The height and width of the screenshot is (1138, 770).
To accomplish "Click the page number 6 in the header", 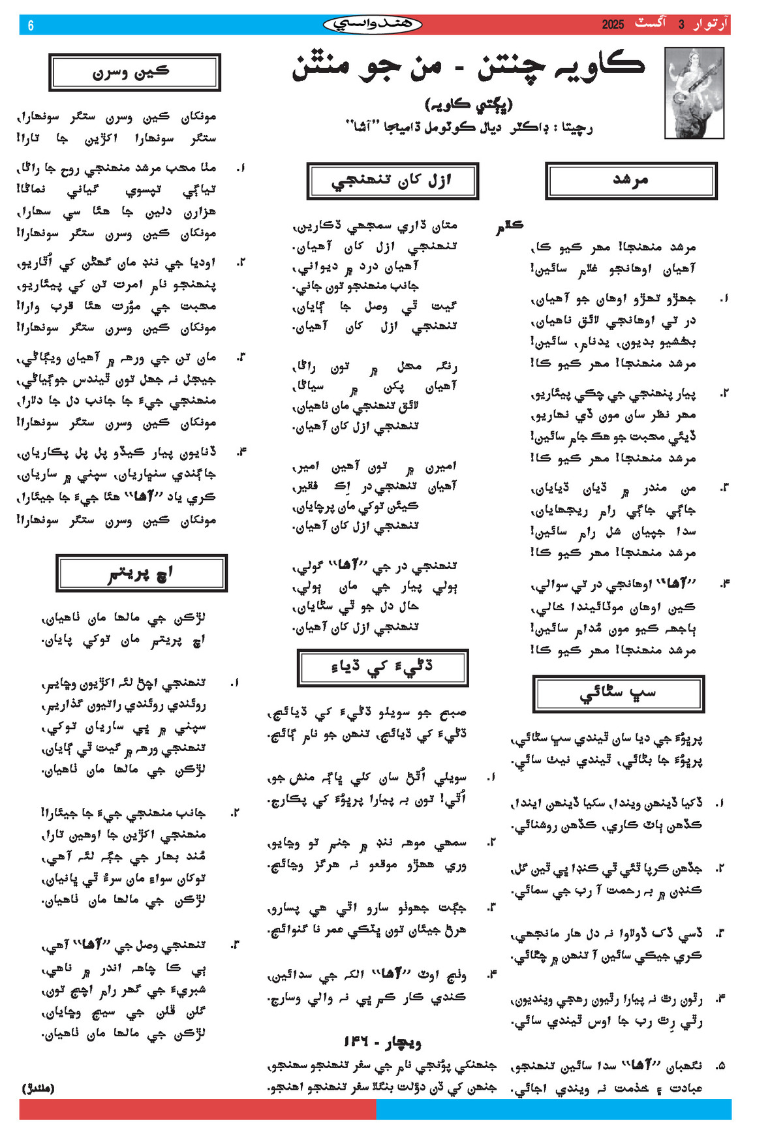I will pyautogui.click(x=31, y=25).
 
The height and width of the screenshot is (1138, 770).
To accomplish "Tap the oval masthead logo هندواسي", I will pyautogui.click(x=373, y=25).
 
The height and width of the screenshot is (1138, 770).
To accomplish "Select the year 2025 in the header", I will pyautogui.click(x=613, y=25).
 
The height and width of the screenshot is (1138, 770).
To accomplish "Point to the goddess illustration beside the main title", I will pyautogui.click(x=694, y=93).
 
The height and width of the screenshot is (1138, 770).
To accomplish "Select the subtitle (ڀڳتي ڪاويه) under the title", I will pyautogui.click(x=469, y=104).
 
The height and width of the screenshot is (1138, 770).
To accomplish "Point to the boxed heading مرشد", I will pyautogui.click(x=631, y=180).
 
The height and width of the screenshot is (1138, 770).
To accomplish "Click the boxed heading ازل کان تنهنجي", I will pyautogui.click(x=392, y=181).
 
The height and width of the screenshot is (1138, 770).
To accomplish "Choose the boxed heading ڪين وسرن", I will pyautogui.click(x=134, y=72).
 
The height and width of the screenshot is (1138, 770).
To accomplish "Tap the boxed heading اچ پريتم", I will pyautogui.click(x=141, y=573).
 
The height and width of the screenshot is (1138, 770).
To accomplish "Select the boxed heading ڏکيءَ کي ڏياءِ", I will pyautogui.click(x=382, y=668).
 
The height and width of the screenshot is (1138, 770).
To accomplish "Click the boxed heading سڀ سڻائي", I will pyautogui.click(x=618, y=694).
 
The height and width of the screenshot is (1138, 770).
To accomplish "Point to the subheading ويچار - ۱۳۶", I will pyautogui.click(x=382, y=1042).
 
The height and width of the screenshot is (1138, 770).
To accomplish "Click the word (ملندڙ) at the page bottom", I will pyautogui.click(x=38, y=1088).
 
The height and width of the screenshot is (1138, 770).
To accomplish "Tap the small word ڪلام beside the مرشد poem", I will pyautogui.click(x=509, y=226).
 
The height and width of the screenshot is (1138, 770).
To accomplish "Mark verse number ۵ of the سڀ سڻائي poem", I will pyautogui.click(x=720, y=1066).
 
